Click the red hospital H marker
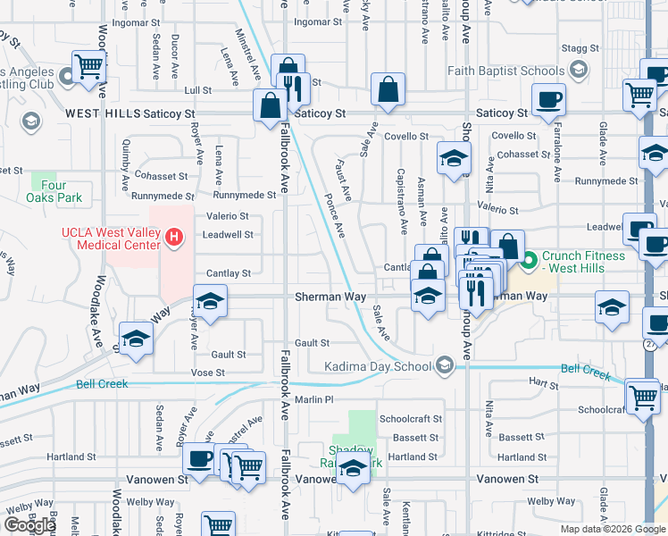point(175,238)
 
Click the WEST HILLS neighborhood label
point(104,113)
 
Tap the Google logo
point(29,525)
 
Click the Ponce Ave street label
point(335,215)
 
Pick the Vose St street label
point(207,372)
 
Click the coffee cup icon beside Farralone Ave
point(547,99)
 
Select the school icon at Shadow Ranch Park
point(354,468)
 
